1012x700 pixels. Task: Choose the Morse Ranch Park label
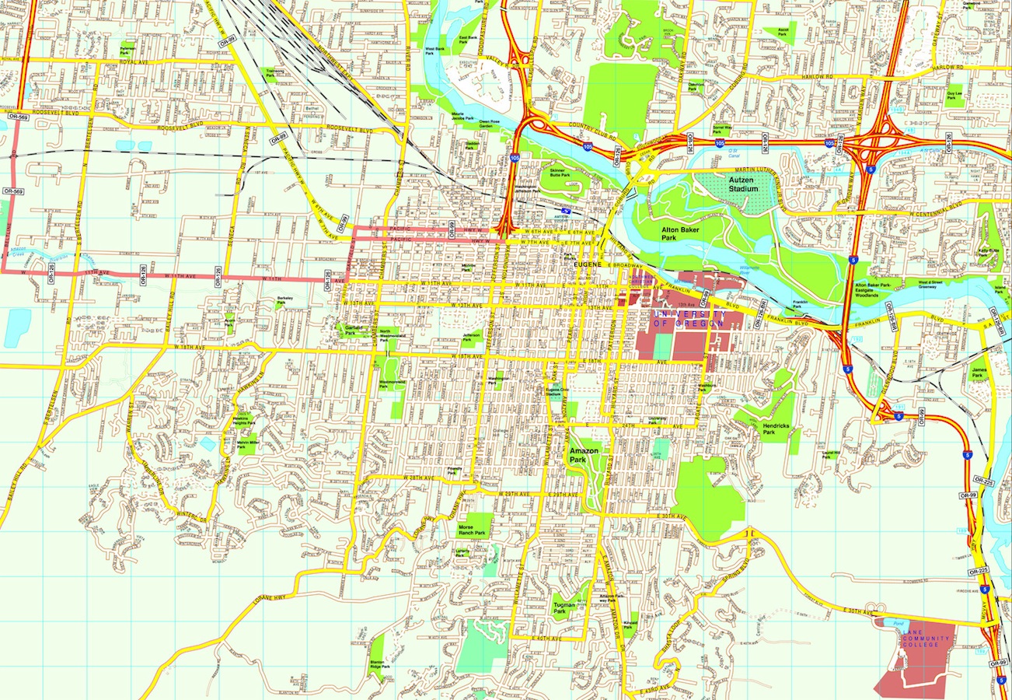pos(473,529)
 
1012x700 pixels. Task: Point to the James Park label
pos(979,373)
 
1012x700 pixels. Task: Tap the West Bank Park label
pos(434,51)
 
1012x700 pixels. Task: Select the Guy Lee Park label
pos(955,95)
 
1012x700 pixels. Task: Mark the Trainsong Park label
pos(275,72)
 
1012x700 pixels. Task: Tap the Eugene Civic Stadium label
pos(553,393)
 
